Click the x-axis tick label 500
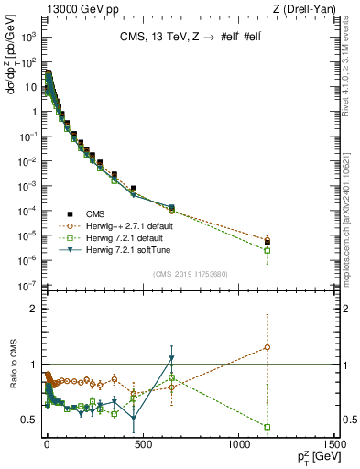[x=142, y=442]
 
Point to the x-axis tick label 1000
[x=238, y=442]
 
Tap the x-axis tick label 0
[x=46, y=442]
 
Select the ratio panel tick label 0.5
[x=29, y=420]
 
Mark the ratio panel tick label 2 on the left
[x=33, y=309]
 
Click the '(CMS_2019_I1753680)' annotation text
[x=190, y=273]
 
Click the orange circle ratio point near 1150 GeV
[x=267, y=347]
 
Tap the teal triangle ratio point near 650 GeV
[x=171, y=358]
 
